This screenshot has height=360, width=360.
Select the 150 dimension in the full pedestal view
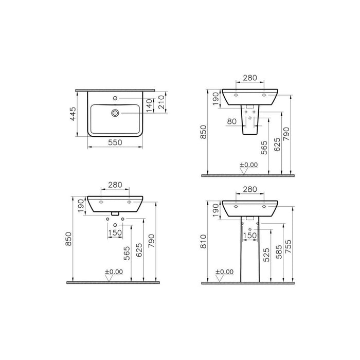coord(250,236)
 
